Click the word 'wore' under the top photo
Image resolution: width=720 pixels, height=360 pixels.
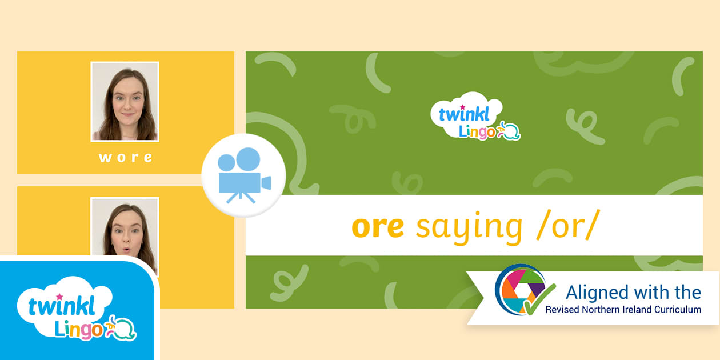(125, 158)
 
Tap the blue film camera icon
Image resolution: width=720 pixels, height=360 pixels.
(244, 175)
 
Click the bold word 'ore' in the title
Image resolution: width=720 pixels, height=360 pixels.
(378, 227)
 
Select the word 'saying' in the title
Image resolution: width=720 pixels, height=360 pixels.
(469, 228)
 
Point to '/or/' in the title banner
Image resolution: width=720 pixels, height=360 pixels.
(568, 225)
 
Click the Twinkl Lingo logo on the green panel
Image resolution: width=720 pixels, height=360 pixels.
(475, 117)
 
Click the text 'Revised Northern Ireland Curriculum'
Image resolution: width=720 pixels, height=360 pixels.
(623, 310)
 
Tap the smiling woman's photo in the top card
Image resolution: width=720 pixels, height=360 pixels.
(125, 102)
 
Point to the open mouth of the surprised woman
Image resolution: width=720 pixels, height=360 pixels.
(127, 249)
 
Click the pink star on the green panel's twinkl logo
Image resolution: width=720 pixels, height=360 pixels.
(462, 107)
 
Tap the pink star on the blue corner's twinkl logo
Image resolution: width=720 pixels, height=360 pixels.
(59, 296)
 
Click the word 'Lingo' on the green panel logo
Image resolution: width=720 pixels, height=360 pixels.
(477, 132)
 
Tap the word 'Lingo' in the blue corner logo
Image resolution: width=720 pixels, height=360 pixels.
(78, 329)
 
